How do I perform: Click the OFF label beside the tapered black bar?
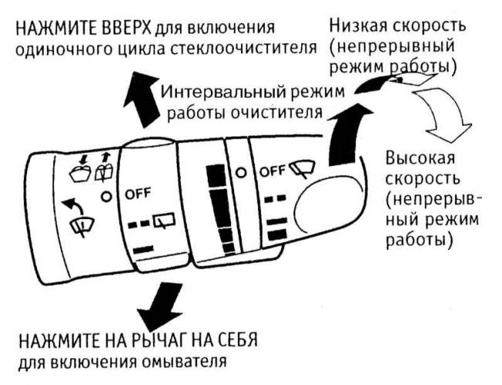click(x=272, y=171)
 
